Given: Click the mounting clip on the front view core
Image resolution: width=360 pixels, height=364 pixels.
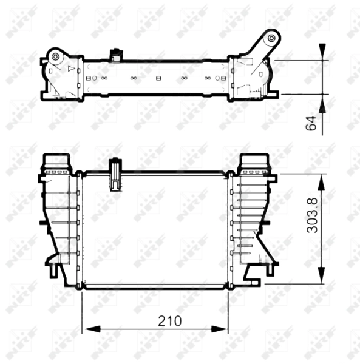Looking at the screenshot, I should pos(114,174).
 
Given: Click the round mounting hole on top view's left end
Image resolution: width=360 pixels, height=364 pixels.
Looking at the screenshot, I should pos(56,58).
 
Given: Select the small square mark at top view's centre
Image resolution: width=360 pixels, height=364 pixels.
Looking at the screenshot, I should pos(158,78).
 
